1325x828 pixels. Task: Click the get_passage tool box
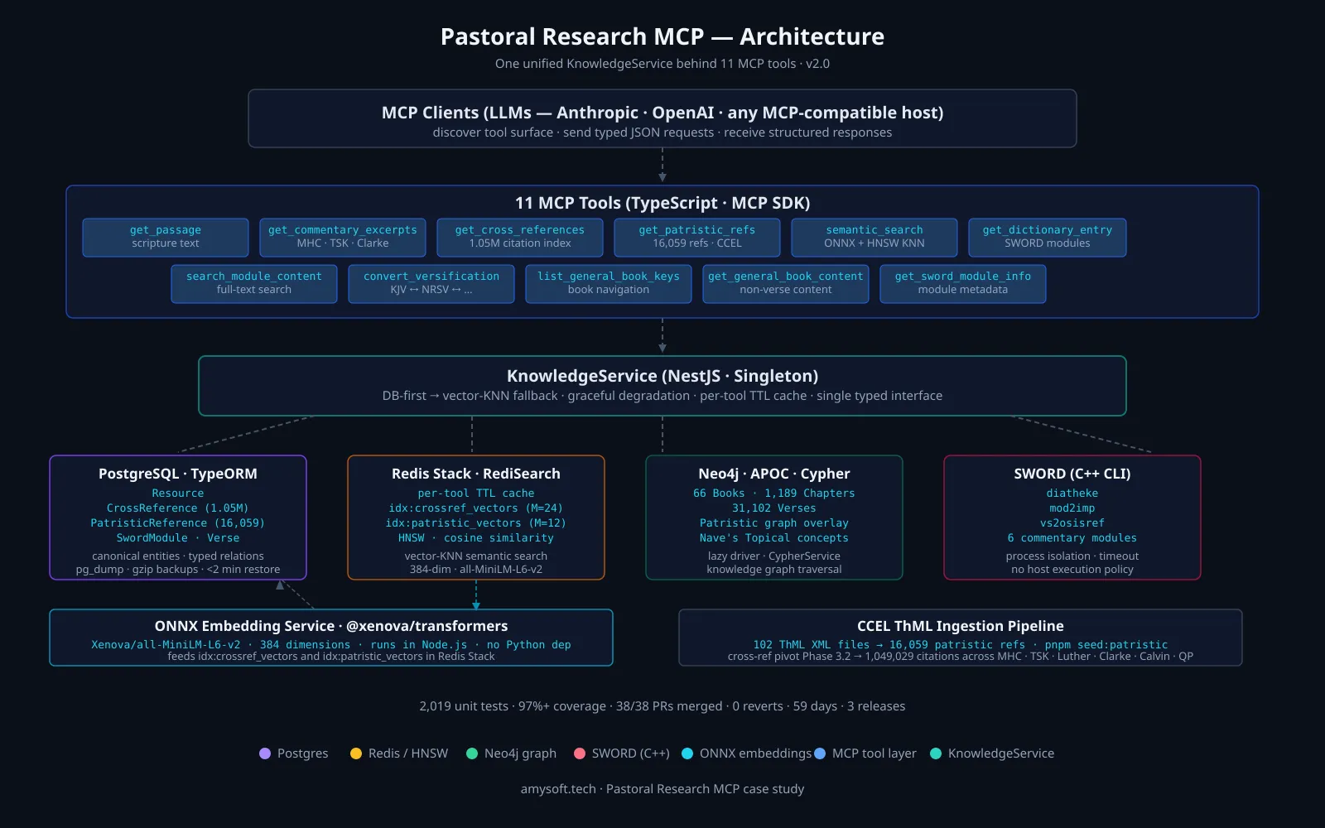[x=166, y=237]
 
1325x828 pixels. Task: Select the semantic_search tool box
[x=874, y=237]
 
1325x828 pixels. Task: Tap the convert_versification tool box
[x=431, y=284]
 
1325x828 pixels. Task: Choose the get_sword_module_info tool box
[x=963, y=284]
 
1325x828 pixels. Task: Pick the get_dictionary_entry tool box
[x=1048, y=237]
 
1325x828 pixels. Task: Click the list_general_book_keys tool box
[x=609, y=284]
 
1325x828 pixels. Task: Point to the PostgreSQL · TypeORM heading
[x=178, y=474]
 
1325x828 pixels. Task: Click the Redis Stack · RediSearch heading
[x=476, y=474]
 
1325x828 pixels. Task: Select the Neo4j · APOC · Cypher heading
[x=774, y=474]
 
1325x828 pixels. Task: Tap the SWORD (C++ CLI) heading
[x=1072, y=474]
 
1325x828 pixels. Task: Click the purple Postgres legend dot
[x=265, y=753]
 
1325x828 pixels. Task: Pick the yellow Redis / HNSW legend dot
[x=356, y=753]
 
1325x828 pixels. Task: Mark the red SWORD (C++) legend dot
[x=580, y=753]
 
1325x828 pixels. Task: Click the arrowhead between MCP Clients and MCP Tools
[x=662, y=177]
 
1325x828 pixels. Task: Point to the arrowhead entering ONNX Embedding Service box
[x=476, y=605]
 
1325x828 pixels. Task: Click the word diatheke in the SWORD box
[x=1072, y=493]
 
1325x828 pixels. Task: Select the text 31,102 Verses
[x=774, y=508]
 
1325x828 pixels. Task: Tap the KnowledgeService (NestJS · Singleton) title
[x=662, y=376]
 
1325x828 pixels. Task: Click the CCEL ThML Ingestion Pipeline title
[x=961, y=626]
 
